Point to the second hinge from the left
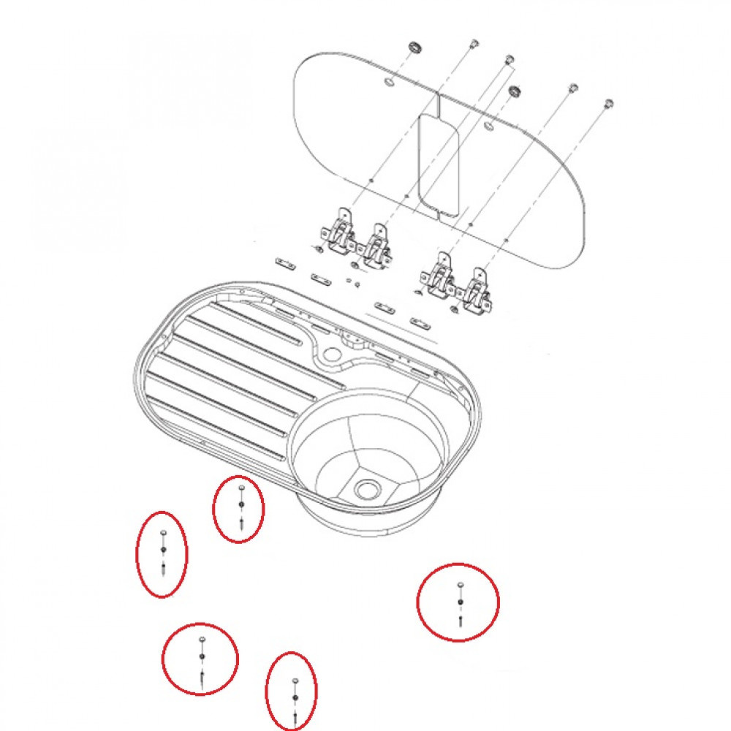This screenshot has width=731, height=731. [378, 245]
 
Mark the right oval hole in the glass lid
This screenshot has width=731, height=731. [488, 128]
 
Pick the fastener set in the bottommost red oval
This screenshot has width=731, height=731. [293, 698]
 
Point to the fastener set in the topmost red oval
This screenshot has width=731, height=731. [240, 505]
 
